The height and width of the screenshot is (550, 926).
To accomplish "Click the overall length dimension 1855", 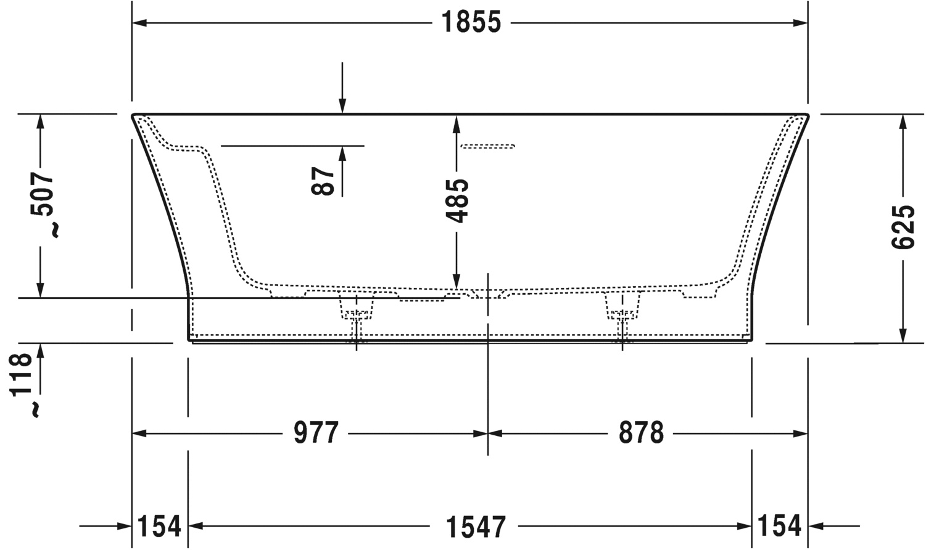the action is [471, 22].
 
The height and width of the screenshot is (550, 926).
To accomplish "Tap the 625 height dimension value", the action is [903, 227].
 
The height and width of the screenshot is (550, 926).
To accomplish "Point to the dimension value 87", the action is [323, 181].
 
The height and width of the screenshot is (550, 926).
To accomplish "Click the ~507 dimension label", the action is [42, 205].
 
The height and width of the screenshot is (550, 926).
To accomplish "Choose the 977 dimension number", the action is [316, 433].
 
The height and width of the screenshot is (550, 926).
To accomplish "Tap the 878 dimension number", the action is [641, 433].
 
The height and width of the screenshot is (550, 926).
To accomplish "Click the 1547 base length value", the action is [476, 527].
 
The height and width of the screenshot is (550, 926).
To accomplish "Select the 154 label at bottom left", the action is [159, 526].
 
